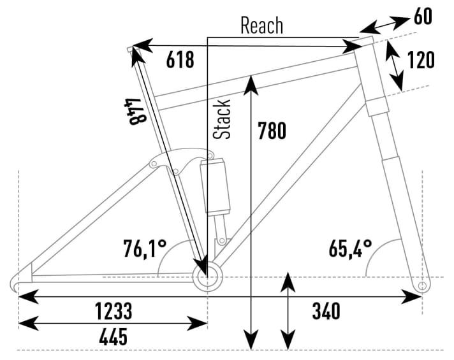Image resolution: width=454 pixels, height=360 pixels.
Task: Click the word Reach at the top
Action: click(x=261, y=25)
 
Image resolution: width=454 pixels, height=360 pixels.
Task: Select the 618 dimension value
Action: click(x=180, y=61)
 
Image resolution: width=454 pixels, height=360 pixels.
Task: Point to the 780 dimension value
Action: click(x=272, y=131)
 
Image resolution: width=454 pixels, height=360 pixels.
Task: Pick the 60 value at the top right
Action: click(x=423, y=17)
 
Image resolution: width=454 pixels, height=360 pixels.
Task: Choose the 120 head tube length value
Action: click(x=421, y=60)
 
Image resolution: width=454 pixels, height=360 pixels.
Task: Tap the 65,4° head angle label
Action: click(x=351, y=247)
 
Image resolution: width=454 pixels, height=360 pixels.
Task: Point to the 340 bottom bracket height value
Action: click(x=326, y=312)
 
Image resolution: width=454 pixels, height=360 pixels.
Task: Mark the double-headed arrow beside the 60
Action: click(x=384, y=25)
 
